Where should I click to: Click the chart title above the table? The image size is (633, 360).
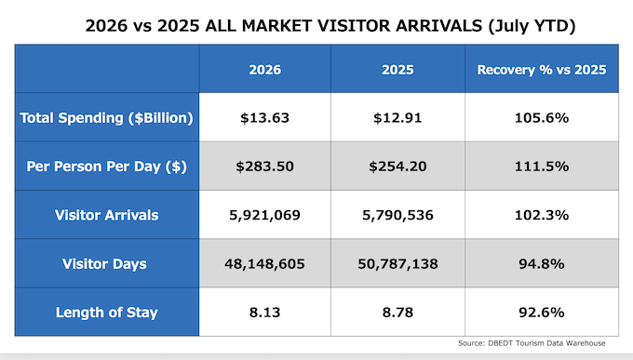pyautogui.click(x=330, y=26)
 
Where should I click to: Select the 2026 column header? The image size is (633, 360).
pyautogui.click(x=264, y=70)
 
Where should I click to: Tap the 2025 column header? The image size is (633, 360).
pyautogui.click(x=397, y=70)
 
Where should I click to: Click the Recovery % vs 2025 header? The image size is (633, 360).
pyautogui.click(x=542, y=70)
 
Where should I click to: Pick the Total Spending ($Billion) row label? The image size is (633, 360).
pyautogui.click(x=106, y=118)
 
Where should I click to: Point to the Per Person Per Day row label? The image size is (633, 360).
pyautogui.click(x=106, y=167)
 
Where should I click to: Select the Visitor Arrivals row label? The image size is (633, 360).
pyautogui.click(x=106, y=215)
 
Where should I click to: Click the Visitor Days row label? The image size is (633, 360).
pyautogui.click(x=104, y=264)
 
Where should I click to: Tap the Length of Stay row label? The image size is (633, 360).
pyautogui.click(x=106, y=313)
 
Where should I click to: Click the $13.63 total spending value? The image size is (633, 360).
pyautogui.click(x=264, y=118)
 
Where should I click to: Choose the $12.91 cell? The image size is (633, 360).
pyautogui.click(x=397, y=118)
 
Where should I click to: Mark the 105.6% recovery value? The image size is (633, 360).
pyautogui.click(x=542, y=118)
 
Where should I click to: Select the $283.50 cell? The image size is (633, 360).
pyautogui.click(x=264, y=167)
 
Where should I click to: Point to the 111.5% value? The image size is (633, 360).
pyautogui.click(x=542, y=167)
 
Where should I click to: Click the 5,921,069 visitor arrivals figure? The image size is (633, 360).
pyautogui.click(x=264, y=215)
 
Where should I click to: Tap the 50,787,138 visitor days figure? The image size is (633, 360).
pyautogui.click(x=397, y=264)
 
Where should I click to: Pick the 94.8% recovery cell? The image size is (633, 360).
pyautogui.click(x=542, y=264)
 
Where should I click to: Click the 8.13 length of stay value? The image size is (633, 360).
pyautogui.click(x=264, y=313)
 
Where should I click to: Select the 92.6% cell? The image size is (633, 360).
pyautogui.click(x=542, y=313)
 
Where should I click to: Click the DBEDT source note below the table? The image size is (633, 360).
pyautogui.click(x=532, y=343)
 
